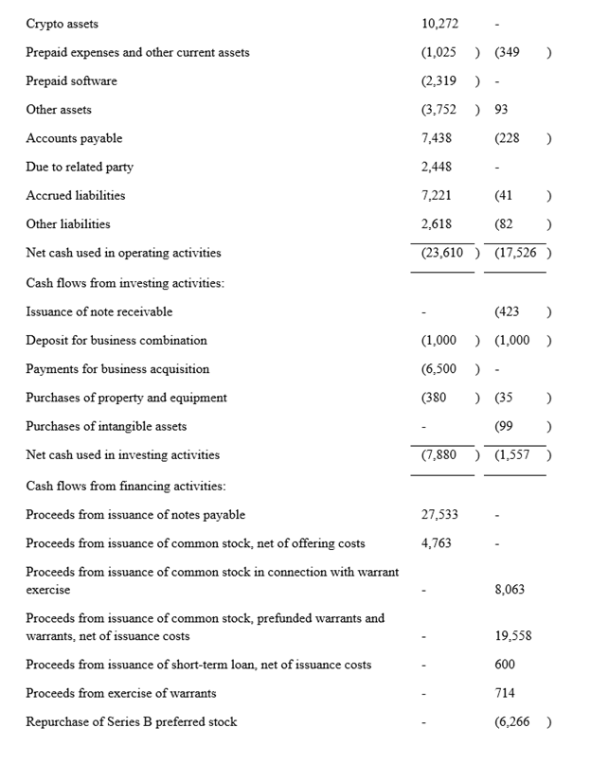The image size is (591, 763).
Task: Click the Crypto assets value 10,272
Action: click(x=439, y=24)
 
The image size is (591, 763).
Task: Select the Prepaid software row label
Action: click(x=72, y=81)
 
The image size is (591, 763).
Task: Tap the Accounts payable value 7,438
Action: click(x=436, y=138)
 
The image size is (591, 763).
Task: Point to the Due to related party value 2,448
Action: click(x=436, y=168)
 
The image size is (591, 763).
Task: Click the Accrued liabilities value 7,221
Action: click(x=436, y=196)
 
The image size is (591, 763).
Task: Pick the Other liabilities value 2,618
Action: click(x=436, y=224)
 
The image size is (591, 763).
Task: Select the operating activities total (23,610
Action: click(x=442, y=254)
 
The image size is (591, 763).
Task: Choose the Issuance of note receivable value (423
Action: click(x=508, y=311)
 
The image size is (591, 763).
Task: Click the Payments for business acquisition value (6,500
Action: click(x=439, y=369)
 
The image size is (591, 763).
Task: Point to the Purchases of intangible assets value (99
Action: click(x=504, y=427)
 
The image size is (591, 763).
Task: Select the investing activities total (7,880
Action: click(x=439, y=455)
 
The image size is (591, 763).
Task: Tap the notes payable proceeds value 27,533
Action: click(x=439, y=515)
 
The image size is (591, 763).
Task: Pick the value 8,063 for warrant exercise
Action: click(x=510, y=590)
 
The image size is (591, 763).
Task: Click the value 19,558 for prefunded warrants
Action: click(x=512, y=636)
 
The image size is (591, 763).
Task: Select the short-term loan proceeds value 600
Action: click(x=505, y=665)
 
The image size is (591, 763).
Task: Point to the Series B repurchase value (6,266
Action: click(x=513, y=722)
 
